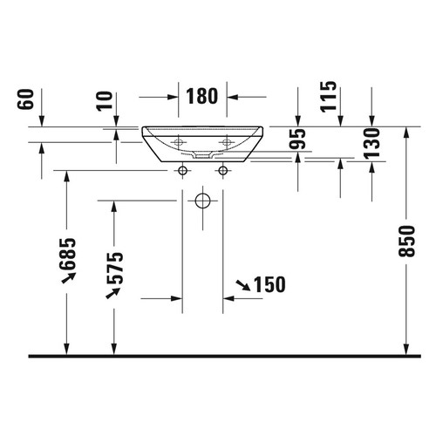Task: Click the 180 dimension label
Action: pos(202,96)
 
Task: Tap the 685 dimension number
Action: pos(69,254)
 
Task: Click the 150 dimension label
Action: pos(269,285)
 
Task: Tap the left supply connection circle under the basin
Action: pos(182,170)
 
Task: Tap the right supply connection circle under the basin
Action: pos(224,170)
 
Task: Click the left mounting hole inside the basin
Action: pos(182,141)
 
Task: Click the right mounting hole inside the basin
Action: pos(225,141)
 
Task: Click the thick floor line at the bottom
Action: pos(218,356)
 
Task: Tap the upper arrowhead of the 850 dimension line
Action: pos(406,132)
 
